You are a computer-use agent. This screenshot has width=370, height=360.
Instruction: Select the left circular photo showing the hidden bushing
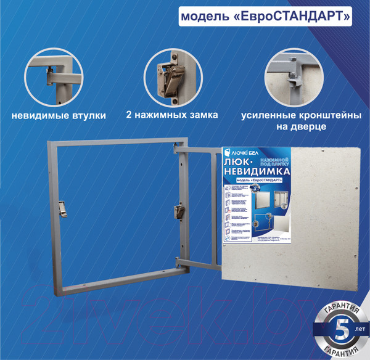[x=57, y=79]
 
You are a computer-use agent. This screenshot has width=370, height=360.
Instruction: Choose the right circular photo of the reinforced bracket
[x=292, y=79]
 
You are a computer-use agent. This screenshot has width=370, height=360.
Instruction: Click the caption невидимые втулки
[x=59, y=115]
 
